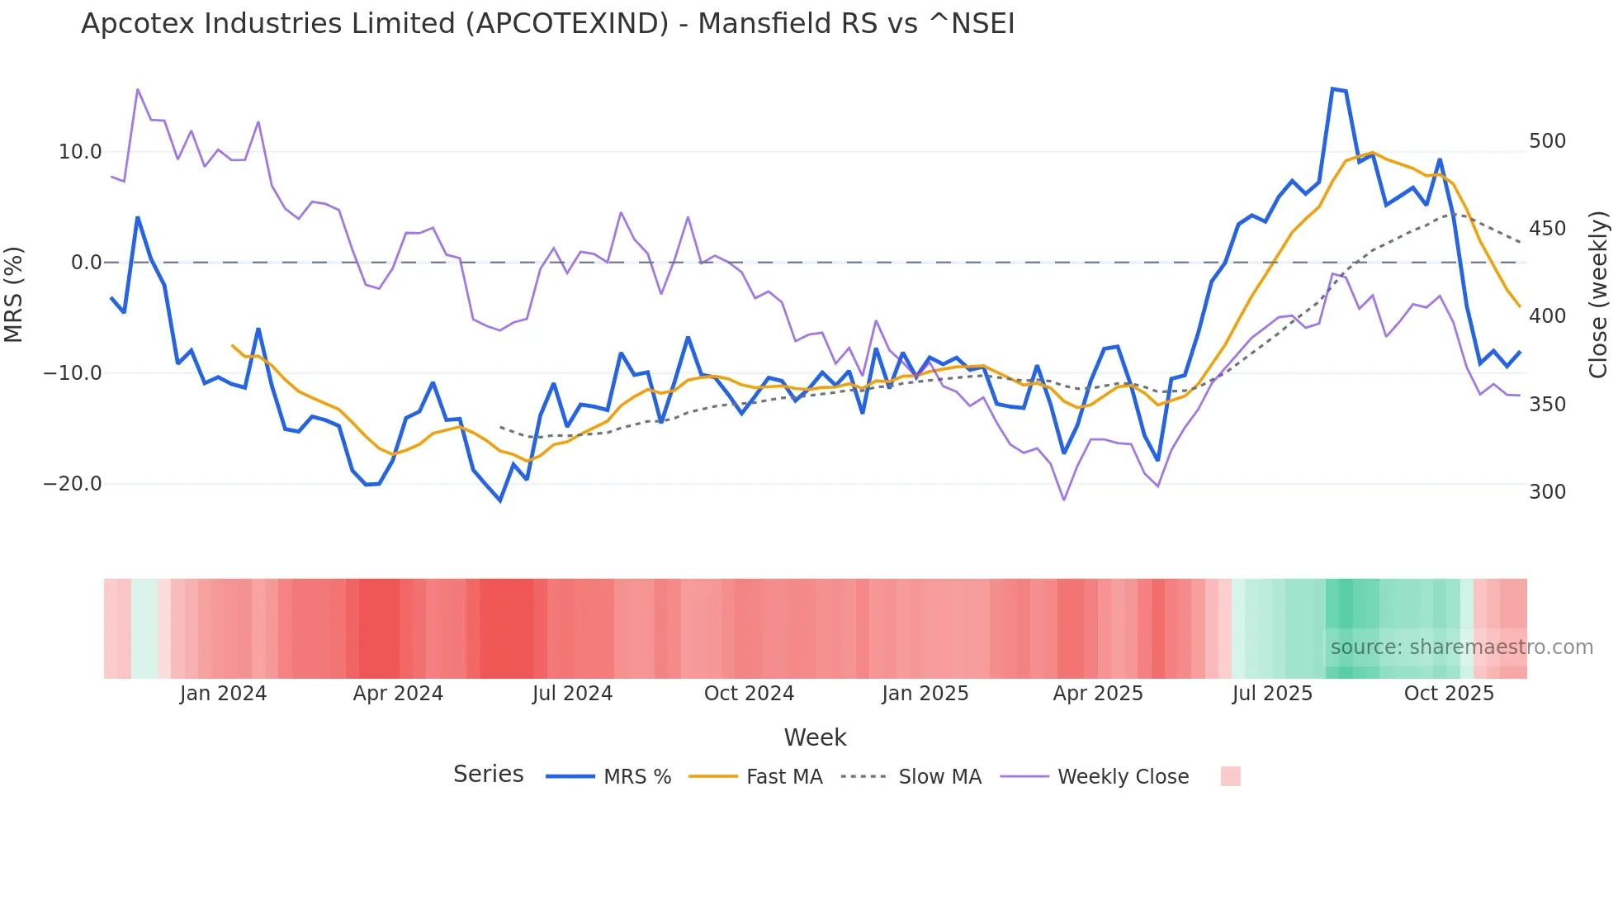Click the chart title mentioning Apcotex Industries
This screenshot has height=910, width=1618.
tap(547, 24)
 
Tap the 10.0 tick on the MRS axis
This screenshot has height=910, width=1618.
tap(80, 152)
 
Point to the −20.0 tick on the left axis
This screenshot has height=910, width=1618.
tap(73, 484)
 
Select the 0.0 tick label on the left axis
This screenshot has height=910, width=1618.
tap(86, 263)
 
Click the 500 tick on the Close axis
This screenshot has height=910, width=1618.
tap(1547, 141)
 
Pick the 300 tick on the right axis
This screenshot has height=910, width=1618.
tap(1547, 492)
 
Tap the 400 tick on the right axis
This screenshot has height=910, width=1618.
tap(1547, 316)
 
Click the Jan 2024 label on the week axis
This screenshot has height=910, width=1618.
tap(223, 694)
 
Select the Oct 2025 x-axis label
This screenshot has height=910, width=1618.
tap(1449, 694)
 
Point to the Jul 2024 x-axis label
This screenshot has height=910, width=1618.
tap(572, 694)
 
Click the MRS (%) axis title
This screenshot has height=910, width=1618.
tap(14, 294)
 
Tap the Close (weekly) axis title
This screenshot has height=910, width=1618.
tap(1598, 294)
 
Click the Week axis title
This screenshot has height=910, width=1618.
tap(815, 737)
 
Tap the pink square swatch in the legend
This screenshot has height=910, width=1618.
tap(1230, 776)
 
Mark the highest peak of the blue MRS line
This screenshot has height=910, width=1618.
tap(1332, 88)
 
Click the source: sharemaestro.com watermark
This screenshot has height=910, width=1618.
tap(1461, 647)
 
